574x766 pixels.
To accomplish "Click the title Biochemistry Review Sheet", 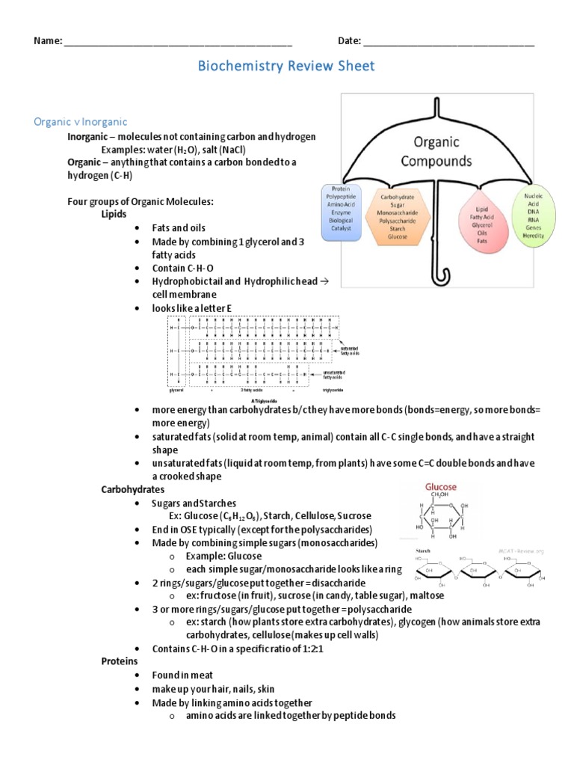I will coord(286,67).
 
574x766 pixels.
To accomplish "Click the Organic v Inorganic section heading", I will coord(81,121).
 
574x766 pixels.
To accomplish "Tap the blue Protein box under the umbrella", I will coord(340,212).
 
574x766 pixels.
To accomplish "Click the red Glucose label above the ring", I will coord(441,486).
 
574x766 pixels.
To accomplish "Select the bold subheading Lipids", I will coord(114,213).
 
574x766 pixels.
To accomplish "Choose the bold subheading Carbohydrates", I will coord(133,489).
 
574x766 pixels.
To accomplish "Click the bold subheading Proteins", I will coord(120,662).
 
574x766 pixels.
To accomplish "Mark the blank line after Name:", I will coord(178,42).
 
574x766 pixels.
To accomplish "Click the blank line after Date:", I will coord(448,42).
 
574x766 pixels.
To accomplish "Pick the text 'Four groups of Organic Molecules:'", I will coord(140,200).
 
